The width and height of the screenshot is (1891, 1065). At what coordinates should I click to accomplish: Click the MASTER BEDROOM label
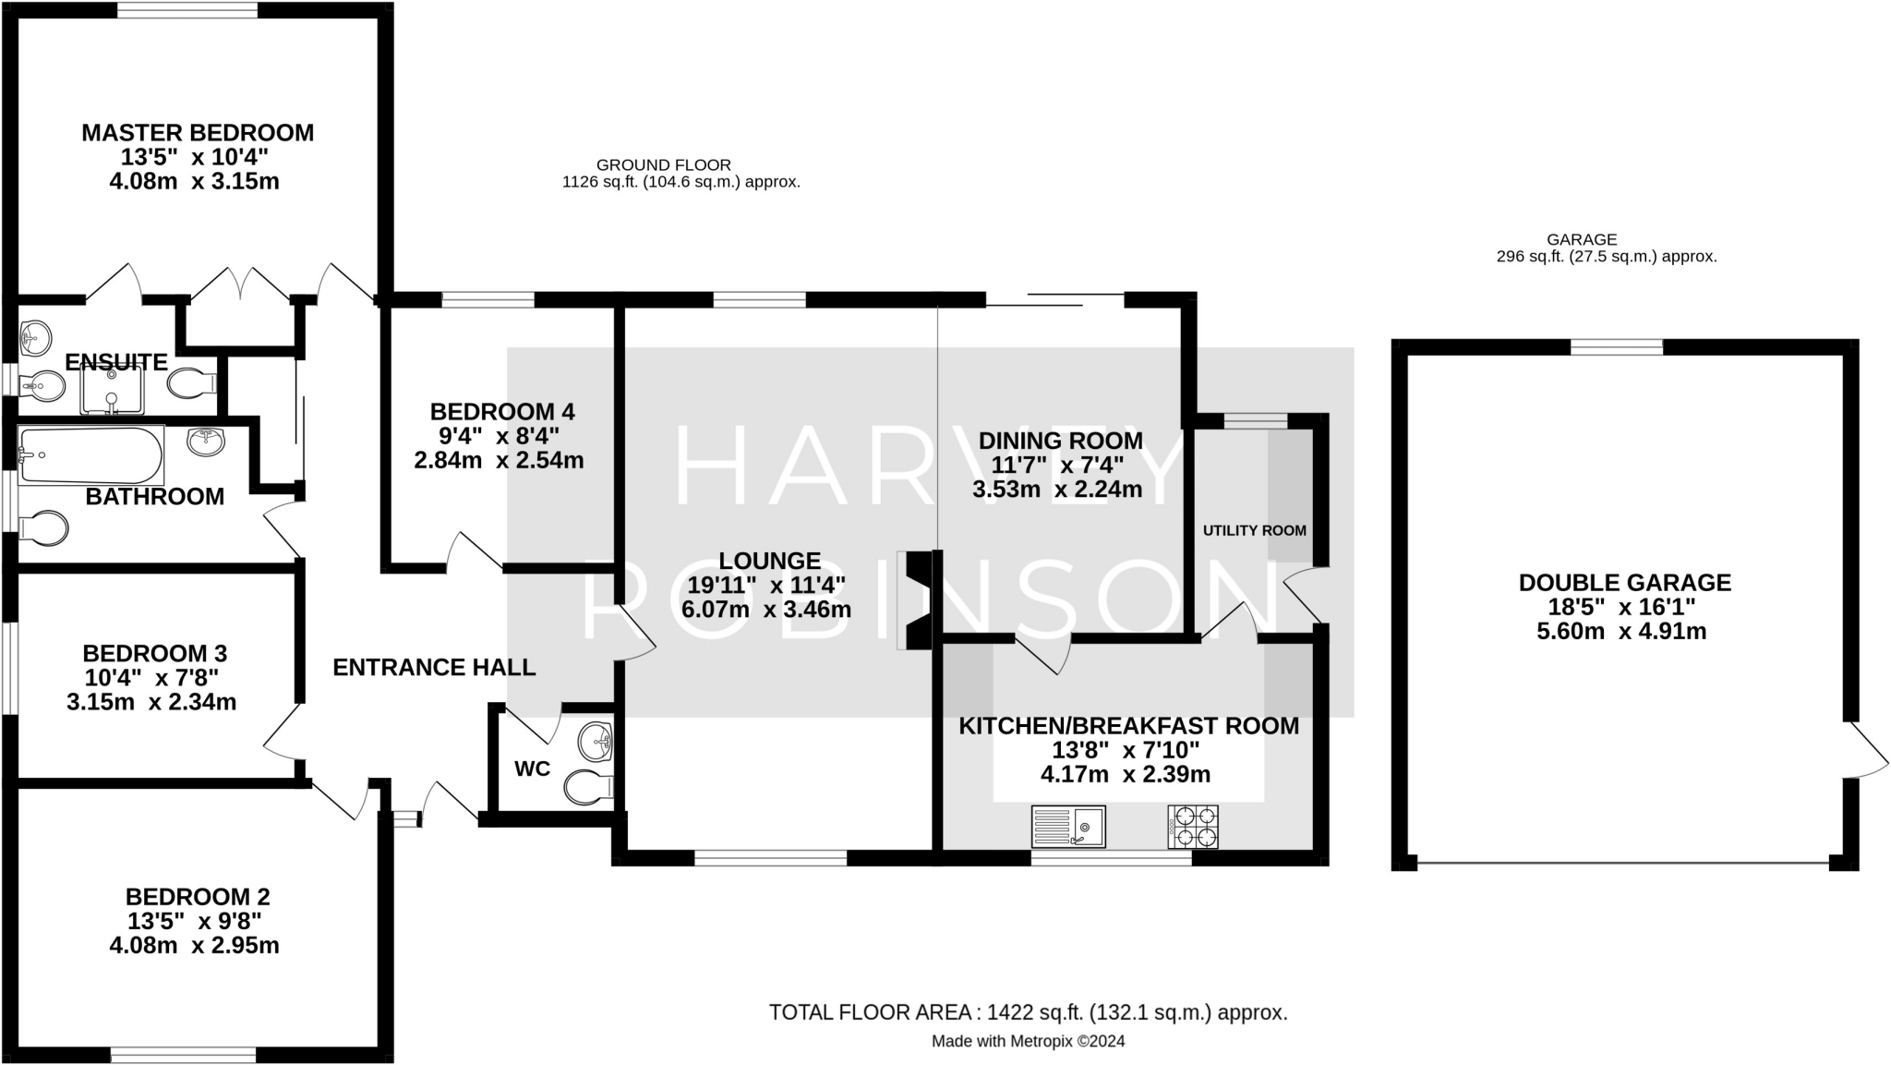point(198,133)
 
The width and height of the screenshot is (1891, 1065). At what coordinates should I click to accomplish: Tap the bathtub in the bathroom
point(90,454)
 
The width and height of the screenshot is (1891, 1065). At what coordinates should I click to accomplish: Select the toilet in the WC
point(588,787)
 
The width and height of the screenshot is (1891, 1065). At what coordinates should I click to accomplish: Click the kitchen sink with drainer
point(1068,827)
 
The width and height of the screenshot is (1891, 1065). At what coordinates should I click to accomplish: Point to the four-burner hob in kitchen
point(1193,827)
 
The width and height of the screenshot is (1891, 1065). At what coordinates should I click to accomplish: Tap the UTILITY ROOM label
point(1254,530)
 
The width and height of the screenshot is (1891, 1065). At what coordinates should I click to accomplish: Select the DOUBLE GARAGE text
point(1624,583)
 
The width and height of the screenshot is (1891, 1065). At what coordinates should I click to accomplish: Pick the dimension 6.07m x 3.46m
point(765,610)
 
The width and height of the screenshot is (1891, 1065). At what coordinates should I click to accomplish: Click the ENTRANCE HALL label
point(434,667)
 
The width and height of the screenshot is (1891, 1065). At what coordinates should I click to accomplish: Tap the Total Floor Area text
point(1028,1012)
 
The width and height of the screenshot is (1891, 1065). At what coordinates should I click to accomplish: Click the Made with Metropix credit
point(1028,1041)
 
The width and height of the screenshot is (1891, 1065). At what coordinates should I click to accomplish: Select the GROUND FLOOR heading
point(663,165)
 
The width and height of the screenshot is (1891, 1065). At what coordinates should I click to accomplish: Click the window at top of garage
point(1616,347)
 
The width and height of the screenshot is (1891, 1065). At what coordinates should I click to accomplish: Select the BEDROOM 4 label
point(502,411)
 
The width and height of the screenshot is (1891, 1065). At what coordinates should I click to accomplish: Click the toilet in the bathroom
point(44,529)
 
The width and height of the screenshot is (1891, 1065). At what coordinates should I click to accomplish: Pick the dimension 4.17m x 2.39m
point(1125,774)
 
